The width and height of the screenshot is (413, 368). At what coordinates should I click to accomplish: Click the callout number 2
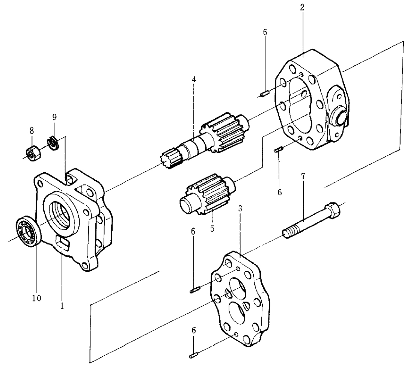[x=303, y=7]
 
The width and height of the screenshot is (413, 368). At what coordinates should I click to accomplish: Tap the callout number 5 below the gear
[x=212, y=228]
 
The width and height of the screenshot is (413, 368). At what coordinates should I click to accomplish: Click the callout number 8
[x=32, y=131]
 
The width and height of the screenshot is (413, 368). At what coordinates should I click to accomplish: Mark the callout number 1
[x=62, y=305]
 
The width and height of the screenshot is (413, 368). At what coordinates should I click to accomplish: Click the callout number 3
[x=240, y=208]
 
